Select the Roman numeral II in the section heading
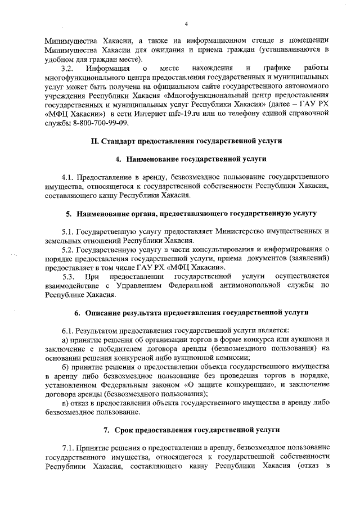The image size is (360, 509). (x=94, y=140)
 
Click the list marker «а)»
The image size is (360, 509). (x=65, y=340)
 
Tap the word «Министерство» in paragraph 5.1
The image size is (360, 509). (x=224, y=231)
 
